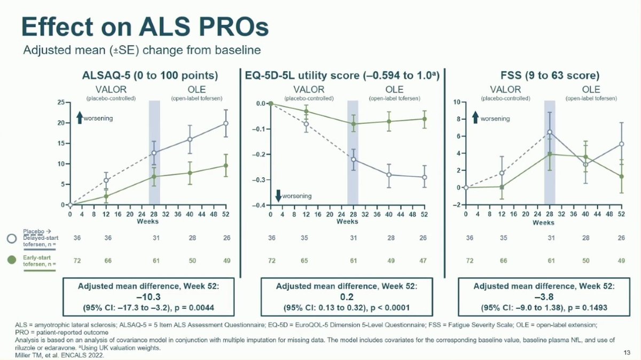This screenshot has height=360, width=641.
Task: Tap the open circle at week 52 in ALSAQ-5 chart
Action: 226,123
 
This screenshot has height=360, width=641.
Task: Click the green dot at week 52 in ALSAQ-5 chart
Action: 226,166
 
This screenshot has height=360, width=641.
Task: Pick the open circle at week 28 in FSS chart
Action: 550,132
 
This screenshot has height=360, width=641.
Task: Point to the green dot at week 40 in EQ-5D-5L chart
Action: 389,121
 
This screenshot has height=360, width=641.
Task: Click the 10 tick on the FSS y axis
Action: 457,102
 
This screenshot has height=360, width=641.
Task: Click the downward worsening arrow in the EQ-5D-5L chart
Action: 278,195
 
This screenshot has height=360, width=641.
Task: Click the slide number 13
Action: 628,352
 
